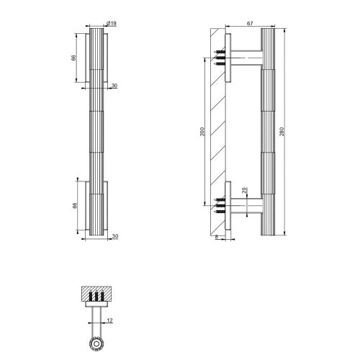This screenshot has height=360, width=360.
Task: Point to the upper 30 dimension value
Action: coord(114,86)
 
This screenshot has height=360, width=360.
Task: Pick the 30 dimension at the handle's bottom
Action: coord(114,236)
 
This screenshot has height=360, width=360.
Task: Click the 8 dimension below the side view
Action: coord(217,237)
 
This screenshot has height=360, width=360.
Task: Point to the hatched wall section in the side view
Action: coord(215,130)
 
